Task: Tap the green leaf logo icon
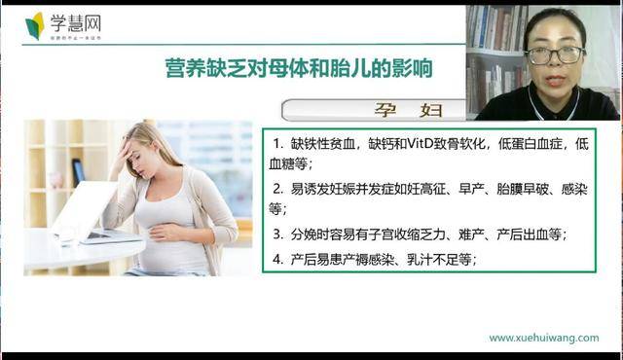(x=36, y=25)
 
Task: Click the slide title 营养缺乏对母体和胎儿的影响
(x=298, y=68)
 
